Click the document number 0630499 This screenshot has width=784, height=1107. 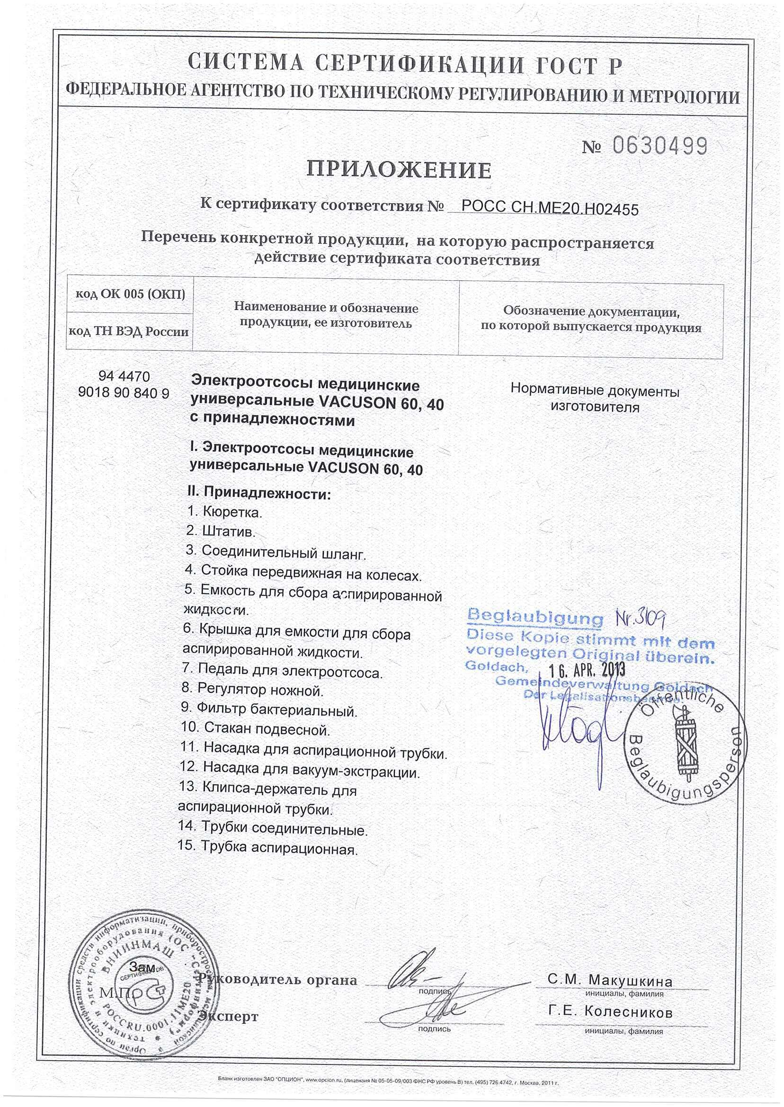659,145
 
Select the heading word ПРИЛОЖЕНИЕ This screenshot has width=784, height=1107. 399,169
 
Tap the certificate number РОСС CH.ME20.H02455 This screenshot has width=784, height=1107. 550,208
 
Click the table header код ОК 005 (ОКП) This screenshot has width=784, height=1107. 130,294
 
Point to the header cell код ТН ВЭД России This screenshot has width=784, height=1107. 129,331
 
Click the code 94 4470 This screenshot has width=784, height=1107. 124,376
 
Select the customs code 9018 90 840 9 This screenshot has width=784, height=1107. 124,393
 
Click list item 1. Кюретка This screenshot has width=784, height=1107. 224,511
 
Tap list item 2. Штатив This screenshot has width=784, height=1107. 221,531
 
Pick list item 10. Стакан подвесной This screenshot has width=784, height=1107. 255,729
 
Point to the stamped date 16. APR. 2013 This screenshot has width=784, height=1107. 587,669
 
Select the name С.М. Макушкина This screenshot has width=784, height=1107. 610,980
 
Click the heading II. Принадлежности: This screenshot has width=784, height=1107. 259,493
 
